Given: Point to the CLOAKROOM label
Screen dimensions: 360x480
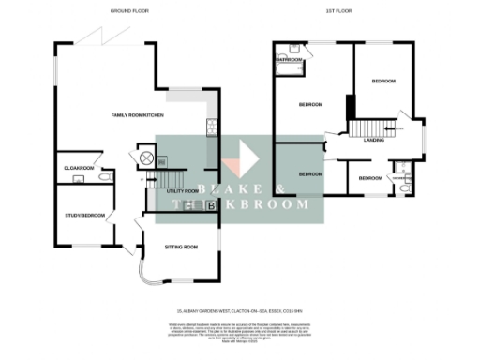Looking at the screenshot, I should pos(79,168).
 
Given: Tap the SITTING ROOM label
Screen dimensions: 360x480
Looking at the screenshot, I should pos(181,247).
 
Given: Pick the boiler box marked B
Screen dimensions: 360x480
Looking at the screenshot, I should pos(211,204).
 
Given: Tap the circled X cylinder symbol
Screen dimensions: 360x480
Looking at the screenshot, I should pos(146,157).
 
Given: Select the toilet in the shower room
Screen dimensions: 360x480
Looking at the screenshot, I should pos(401,187).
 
